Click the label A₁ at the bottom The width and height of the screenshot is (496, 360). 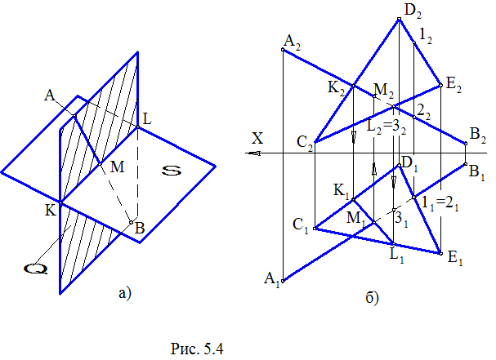pos(271,283)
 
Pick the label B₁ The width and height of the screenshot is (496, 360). pos(476,171)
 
